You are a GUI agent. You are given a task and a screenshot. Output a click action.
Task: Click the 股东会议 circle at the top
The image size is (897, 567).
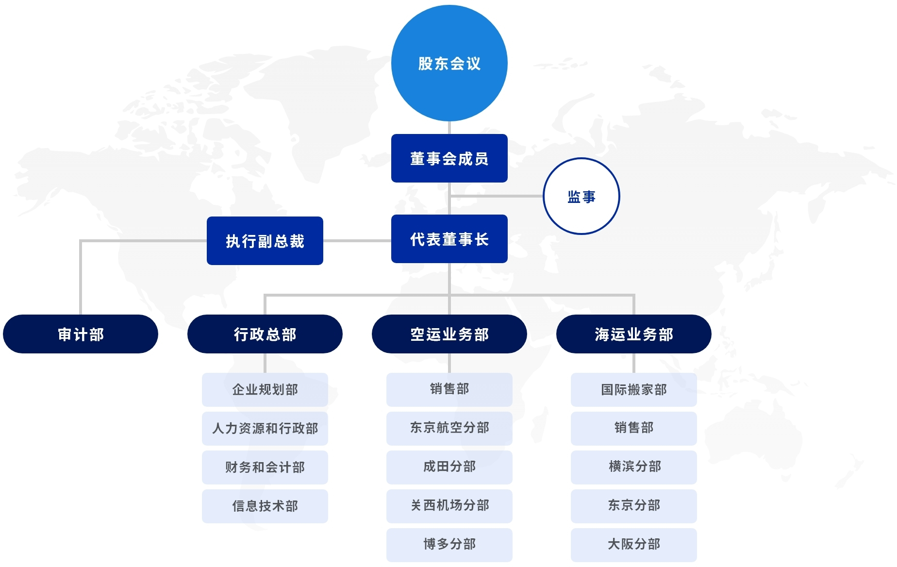coord(449,63)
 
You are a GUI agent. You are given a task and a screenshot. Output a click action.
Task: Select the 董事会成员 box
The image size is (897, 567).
coord(449,158)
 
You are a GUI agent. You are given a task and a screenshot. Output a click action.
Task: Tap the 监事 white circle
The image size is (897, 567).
coord(581,196)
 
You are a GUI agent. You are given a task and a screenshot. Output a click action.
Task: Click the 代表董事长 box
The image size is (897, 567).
coord(449,239)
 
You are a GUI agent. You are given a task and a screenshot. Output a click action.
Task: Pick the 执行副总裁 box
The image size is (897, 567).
coord(265,241)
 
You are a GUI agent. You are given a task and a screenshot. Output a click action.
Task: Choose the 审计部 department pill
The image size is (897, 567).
coord(81,334)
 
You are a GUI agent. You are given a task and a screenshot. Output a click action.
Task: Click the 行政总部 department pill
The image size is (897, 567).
coord(265,334)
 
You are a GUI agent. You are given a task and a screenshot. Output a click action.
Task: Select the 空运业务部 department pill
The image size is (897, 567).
coord(449,334)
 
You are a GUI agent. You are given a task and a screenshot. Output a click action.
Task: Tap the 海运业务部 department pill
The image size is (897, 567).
coord(634,334)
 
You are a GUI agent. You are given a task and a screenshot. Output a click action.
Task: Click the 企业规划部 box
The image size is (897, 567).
coord(265,389)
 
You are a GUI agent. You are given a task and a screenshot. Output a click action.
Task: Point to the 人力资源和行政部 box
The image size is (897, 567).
coord(265,428)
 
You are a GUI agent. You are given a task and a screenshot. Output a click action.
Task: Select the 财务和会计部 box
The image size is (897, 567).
coord(265,467)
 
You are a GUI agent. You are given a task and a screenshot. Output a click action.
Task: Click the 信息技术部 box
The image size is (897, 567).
coord(265,506)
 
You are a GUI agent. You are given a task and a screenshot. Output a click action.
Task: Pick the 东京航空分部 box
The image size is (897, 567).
coord(449,428)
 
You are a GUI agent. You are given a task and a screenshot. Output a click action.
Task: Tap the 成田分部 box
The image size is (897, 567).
coord(449,467)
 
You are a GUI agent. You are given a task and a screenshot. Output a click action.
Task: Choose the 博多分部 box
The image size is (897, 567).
coord(449,545)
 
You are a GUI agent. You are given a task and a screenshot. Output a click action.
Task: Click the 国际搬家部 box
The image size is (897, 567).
coord(634,389)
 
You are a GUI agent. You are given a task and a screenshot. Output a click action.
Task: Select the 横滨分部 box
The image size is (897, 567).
coord(634,467)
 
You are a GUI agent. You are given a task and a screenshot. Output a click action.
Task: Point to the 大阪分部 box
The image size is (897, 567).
coord(634,545)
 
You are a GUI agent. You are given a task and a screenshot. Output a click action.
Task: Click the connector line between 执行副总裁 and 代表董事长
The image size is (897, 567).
coord(357,241)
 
